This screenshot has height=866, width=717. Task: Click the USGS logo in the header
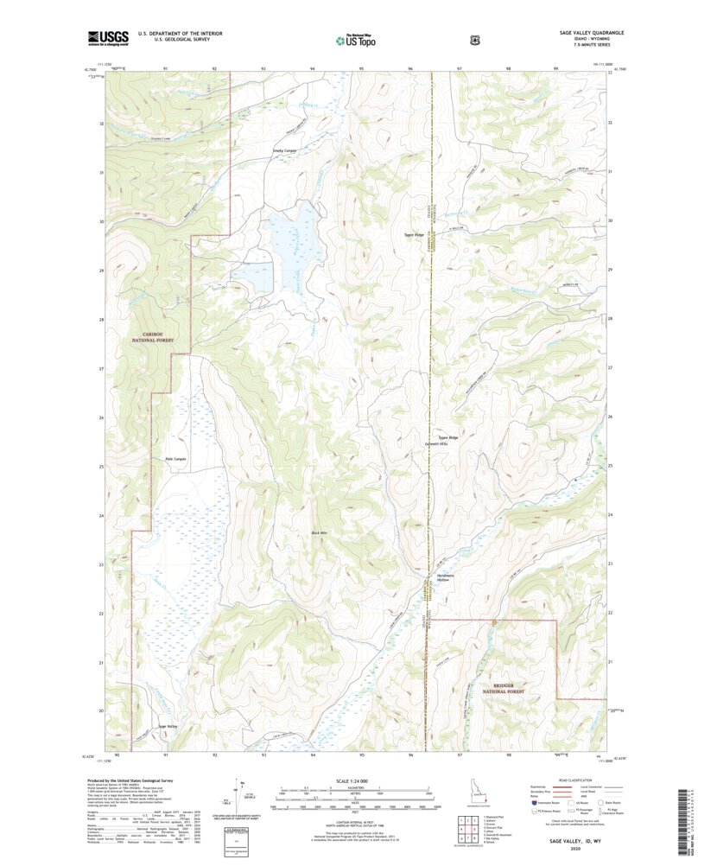click(107, 37)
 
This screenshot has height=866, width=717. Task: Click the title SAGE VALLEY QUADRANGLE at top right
click(586, 32)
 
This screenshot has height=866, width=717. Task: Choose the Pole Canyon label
click(175, 458)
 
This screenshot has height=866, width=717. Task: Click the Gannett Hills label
click(447, 443)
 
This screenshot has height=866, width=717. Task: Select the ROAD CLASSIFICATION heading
click(569, 780)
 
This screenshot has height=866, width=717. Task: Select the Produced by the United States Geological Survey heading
click(136, 779)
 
